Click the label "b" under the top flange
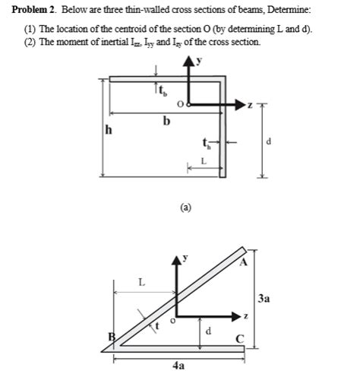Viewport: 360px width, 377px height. click(x=165, y=120)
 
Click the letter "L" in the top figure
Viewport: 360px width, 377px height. click(x=204, y=160)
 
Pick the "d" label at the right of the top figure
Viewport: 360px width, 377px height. click(x=271, y=141)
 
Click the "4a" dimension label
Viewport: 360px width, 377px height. click(x=178, y=366)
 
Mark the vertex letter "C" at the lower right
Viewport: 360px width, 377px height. click(x=240, y=339)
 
